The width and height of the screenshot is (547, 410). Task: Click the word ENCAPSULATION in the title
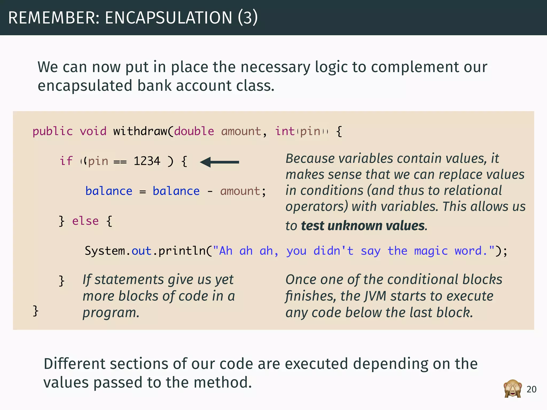[x=169, y=18]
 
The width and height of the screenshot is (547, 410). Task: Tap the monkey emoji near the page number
[x=513, y=389]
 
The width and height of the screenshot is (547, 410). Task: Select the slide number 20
[x=532, y=389]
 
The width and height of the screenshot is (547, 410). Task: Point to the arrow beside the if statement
[x=219, y=162]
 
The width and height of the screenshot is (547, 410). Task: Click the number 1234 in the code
[x=147, y=161]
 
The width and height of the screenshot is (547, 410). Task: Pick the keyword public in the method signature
[x=53, y=131]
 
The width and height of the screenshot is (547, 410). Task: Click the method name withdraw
[x=140, y=131]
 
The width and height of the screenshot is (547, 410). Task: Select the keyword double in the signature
[x=194, y=131]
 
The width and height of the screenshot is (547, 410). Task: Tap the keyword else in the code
[x=85, y=221]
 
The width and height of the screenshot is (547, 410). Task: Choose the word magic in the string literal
[x=431, y=251]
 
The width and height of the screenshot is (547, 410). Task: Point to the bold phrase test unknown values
[x=363, y=226]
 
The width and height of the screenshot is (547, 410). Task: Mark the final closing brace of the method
[x=36, y=311]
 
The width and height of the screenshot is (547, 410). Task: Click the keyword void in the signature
[x=93, y=131]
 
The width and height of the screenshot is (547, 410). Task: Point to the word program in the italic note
[x=110, y=313]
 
